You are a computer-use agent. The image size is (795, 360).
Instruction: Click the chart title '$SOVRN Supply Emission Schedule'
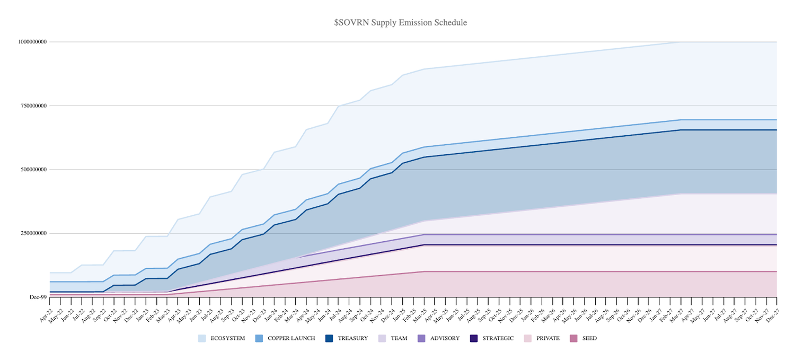(397, 23)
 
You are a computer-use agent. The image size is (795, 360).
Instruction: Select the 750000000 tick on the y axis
(33, 106)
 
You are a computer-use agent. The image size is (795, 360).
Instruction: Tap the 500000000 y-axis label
(33, 170)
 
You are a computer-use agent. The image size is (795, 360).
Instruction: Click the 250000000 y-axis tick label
(33, 233)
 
